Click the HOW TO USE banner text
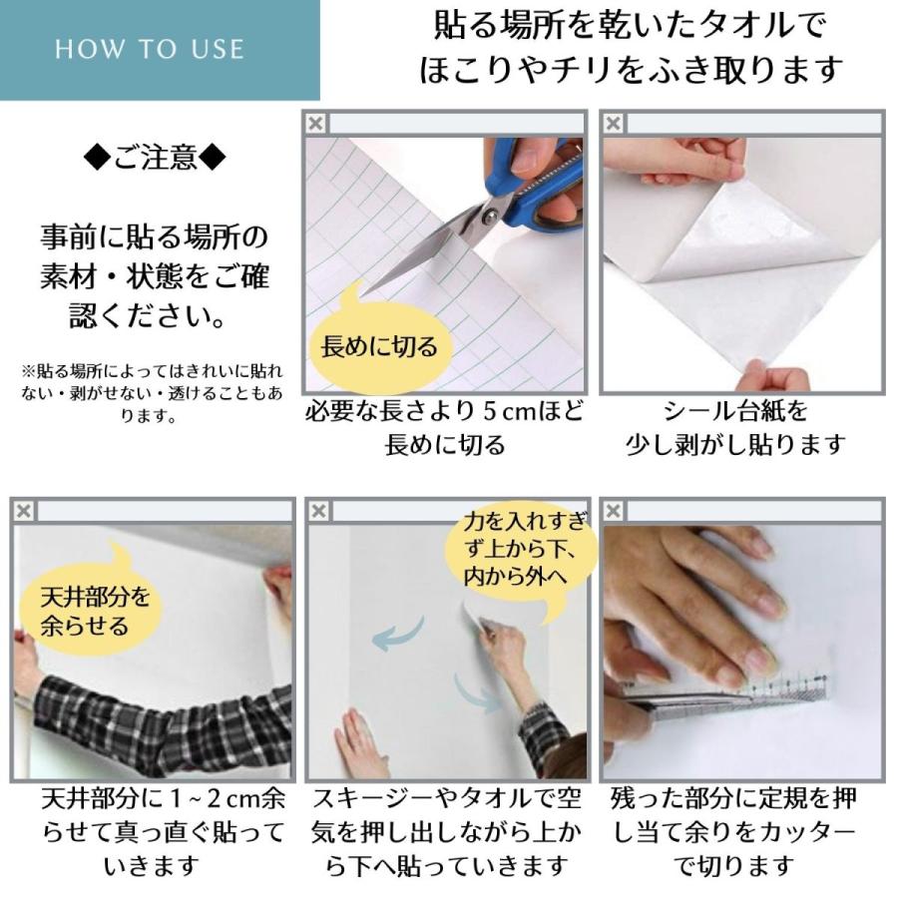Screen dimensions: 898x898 click(x=150, y=50)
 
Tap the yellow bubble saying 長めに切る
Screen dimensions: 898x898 click(x=379, y=346)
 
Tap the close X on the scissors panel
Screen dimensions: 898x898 click(x=315, y=124)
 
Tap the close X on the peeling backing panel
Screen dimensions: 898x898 click(x=614, y=124)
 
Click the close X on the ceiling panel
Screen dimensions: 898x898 click(x=23, y=511)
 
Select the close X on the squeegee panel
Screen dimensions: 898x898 click(x=318, y=511)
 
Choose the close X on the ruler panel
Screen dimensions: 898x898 click(x=614, y=511)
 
